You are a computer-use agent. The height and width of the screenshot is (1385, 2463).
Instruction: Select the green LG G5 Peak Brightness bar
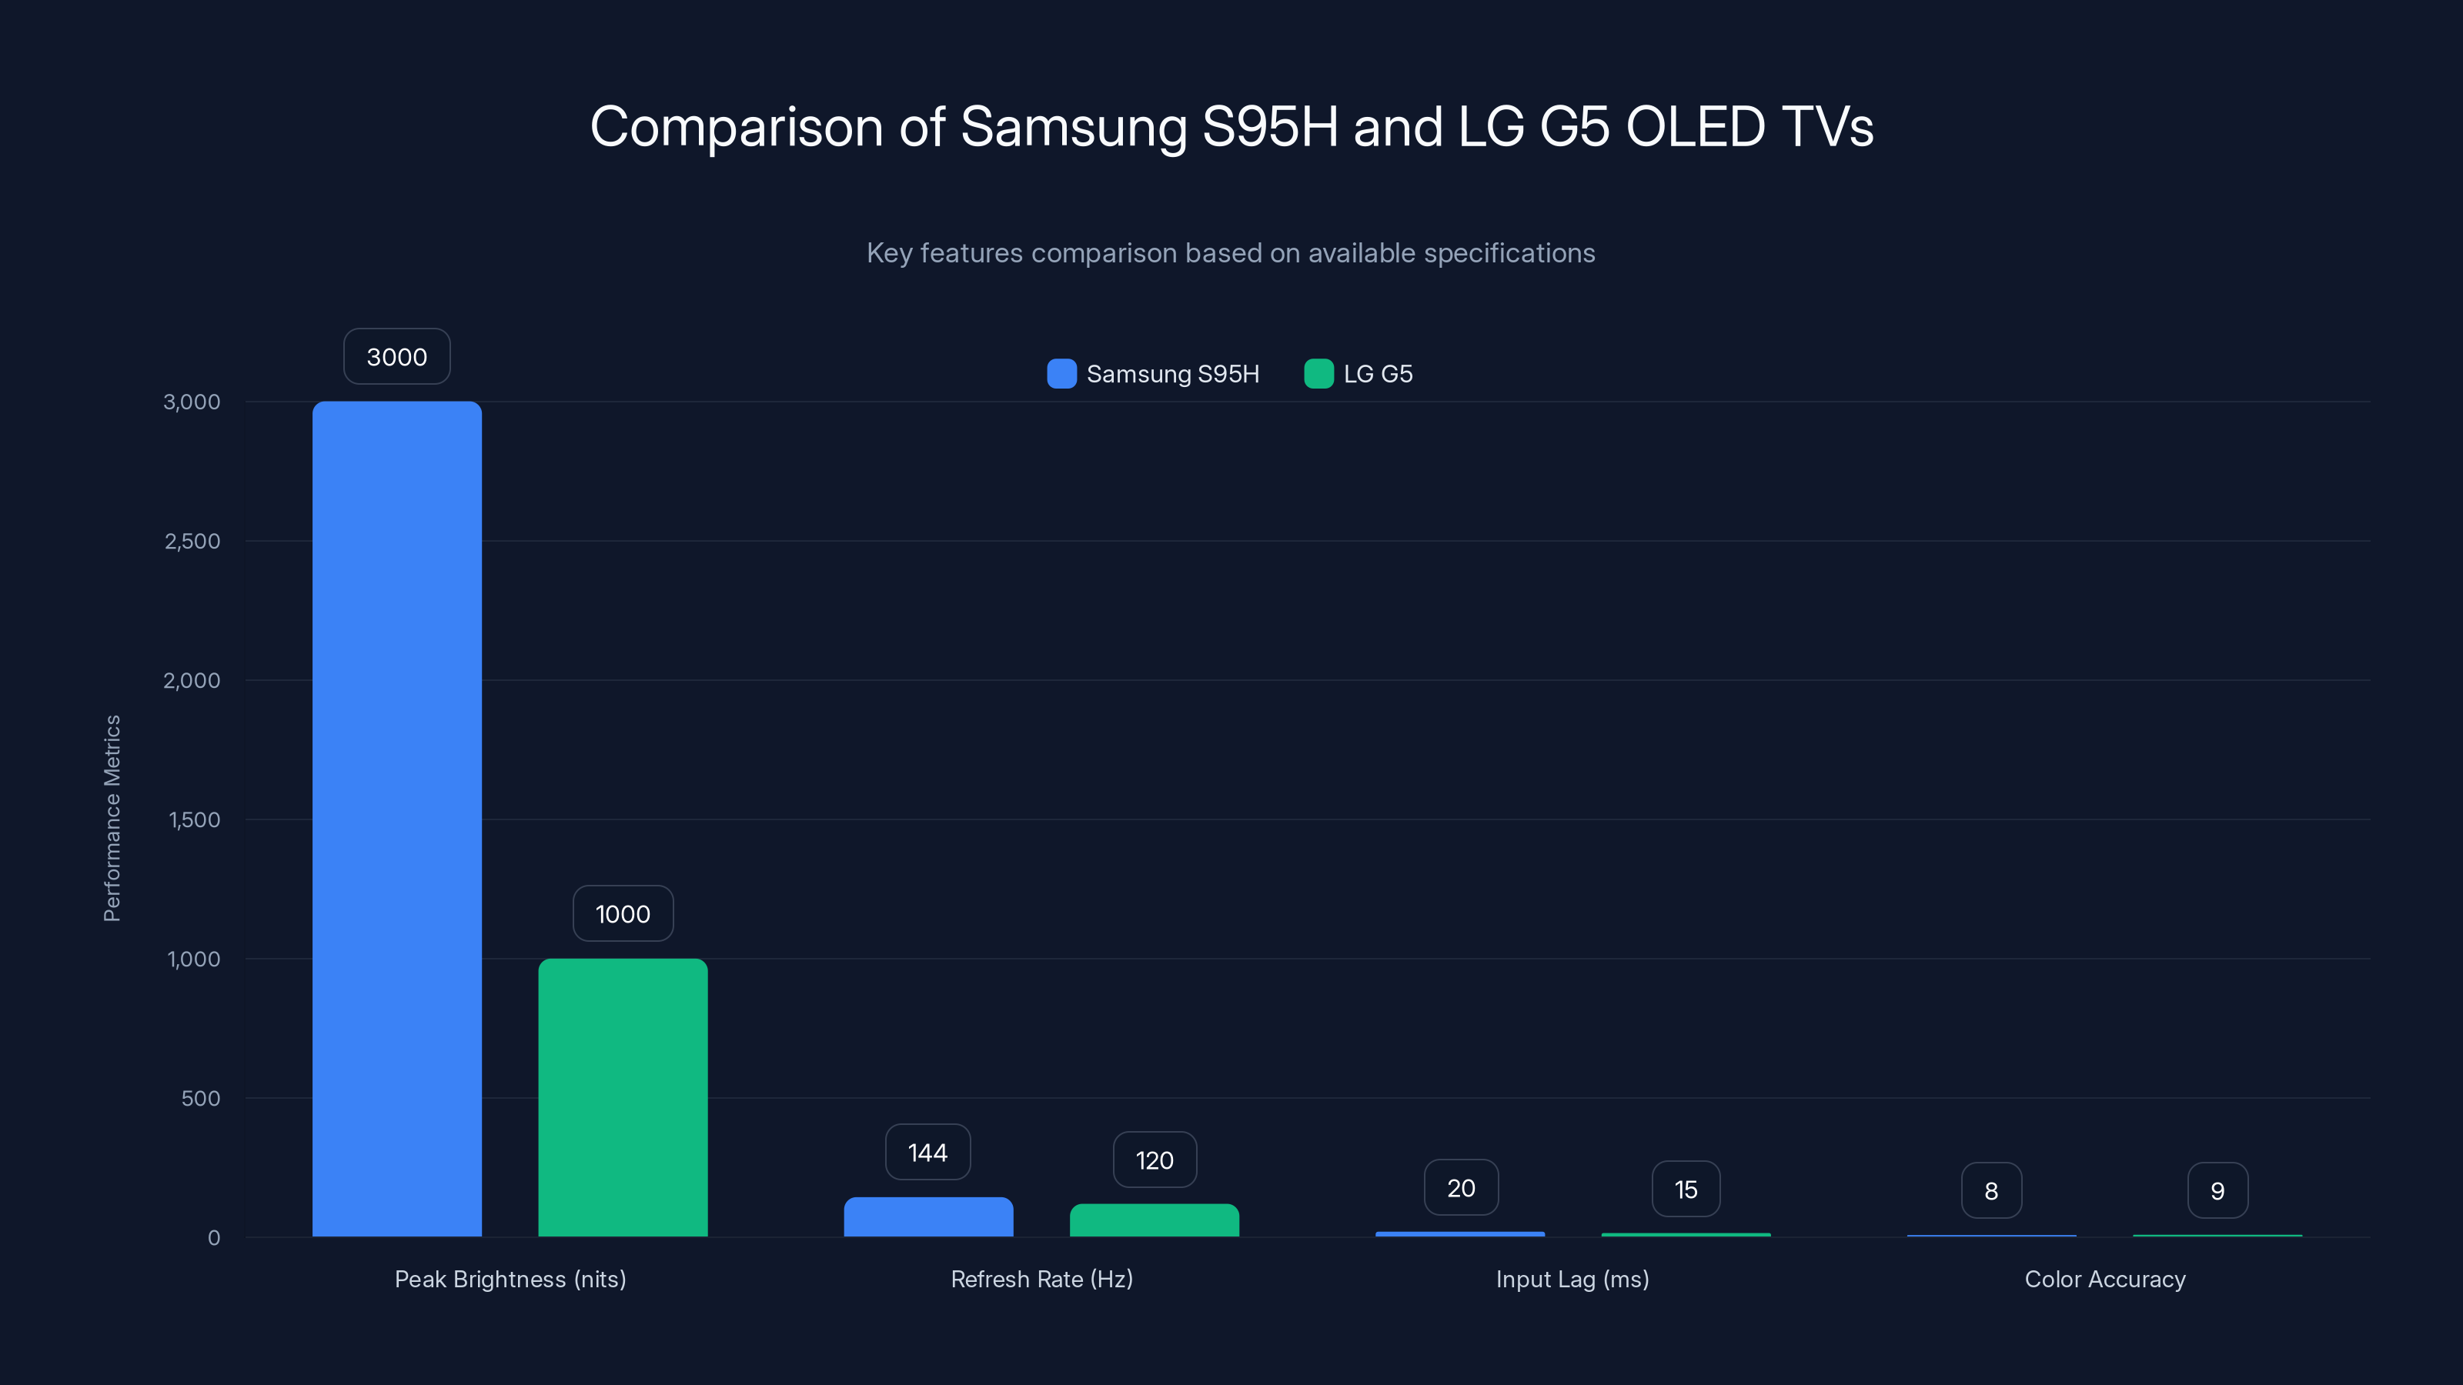[x=623, y=1097]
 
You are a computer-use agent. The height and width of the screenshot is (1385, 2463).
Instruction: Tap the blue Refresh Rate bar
[x=927, y=1216]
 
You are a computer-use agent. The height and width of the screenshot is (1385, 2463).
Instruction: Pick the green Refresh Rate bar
[x=1154, y=1220]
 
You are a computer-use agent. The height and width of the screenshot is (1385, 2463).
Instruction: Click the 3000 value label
[x=397, y=356]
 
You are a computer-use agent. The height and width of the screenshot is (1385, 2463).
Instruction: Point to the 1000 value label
[x=623, y=914]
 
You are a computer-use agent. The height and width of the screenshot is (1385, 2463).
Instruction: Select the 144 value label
[x=927, y=1152]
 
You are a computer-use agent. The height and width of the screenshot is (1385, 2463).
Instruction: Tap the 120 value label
[x=1154, y=1160]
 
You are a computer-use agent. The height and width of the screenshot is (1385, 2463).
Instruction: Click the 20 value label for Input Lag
[x=1460, y=1187]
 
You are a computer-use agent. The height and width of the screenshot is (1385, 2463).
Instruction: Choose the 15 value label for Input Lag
[x=1686, y=1189]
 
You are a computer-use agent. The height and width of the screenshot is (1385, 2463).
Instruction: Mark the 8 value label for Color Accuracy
[x=1990, y=1190]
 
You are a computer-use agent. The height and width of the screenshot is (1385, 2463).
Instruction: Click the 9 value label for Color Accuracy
[x=2217, y=1190]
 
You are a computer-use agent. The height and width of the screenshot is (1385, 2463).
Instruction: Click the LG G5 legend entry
[x=1358, y=374]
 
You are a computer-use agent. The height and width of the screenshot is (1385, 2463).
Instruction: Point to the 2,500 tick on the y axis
[x=192, y=541]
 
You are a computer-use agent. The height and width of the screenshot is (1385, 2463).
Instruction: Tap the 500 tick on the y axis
[x=201, y=1098]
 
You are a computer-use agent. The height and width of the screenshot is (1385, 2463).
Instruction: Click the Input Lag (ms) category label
[x=1572, y=1279]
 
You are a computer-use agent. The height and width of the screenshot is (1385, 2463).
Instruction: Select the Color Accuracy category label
[x=2104, y=1279]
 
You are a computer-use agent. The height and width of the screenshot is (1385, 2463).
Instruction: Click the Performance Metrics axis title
[x=112, y=818]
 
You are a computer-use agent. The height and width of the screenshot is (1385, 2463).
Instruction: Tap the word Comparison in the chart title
[x=737, y=126]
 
